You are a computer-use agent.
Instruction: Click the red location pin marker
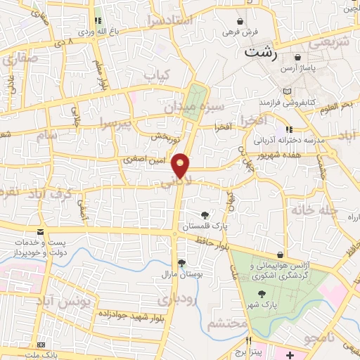tap(181, 165)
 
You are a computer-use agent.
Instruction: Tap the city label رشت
tap(260, 52)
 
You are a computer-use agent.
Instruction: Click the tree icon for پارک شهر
tap(262, 294)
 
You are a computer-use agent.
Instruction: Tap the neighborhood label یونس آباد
tap(86, 302)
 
